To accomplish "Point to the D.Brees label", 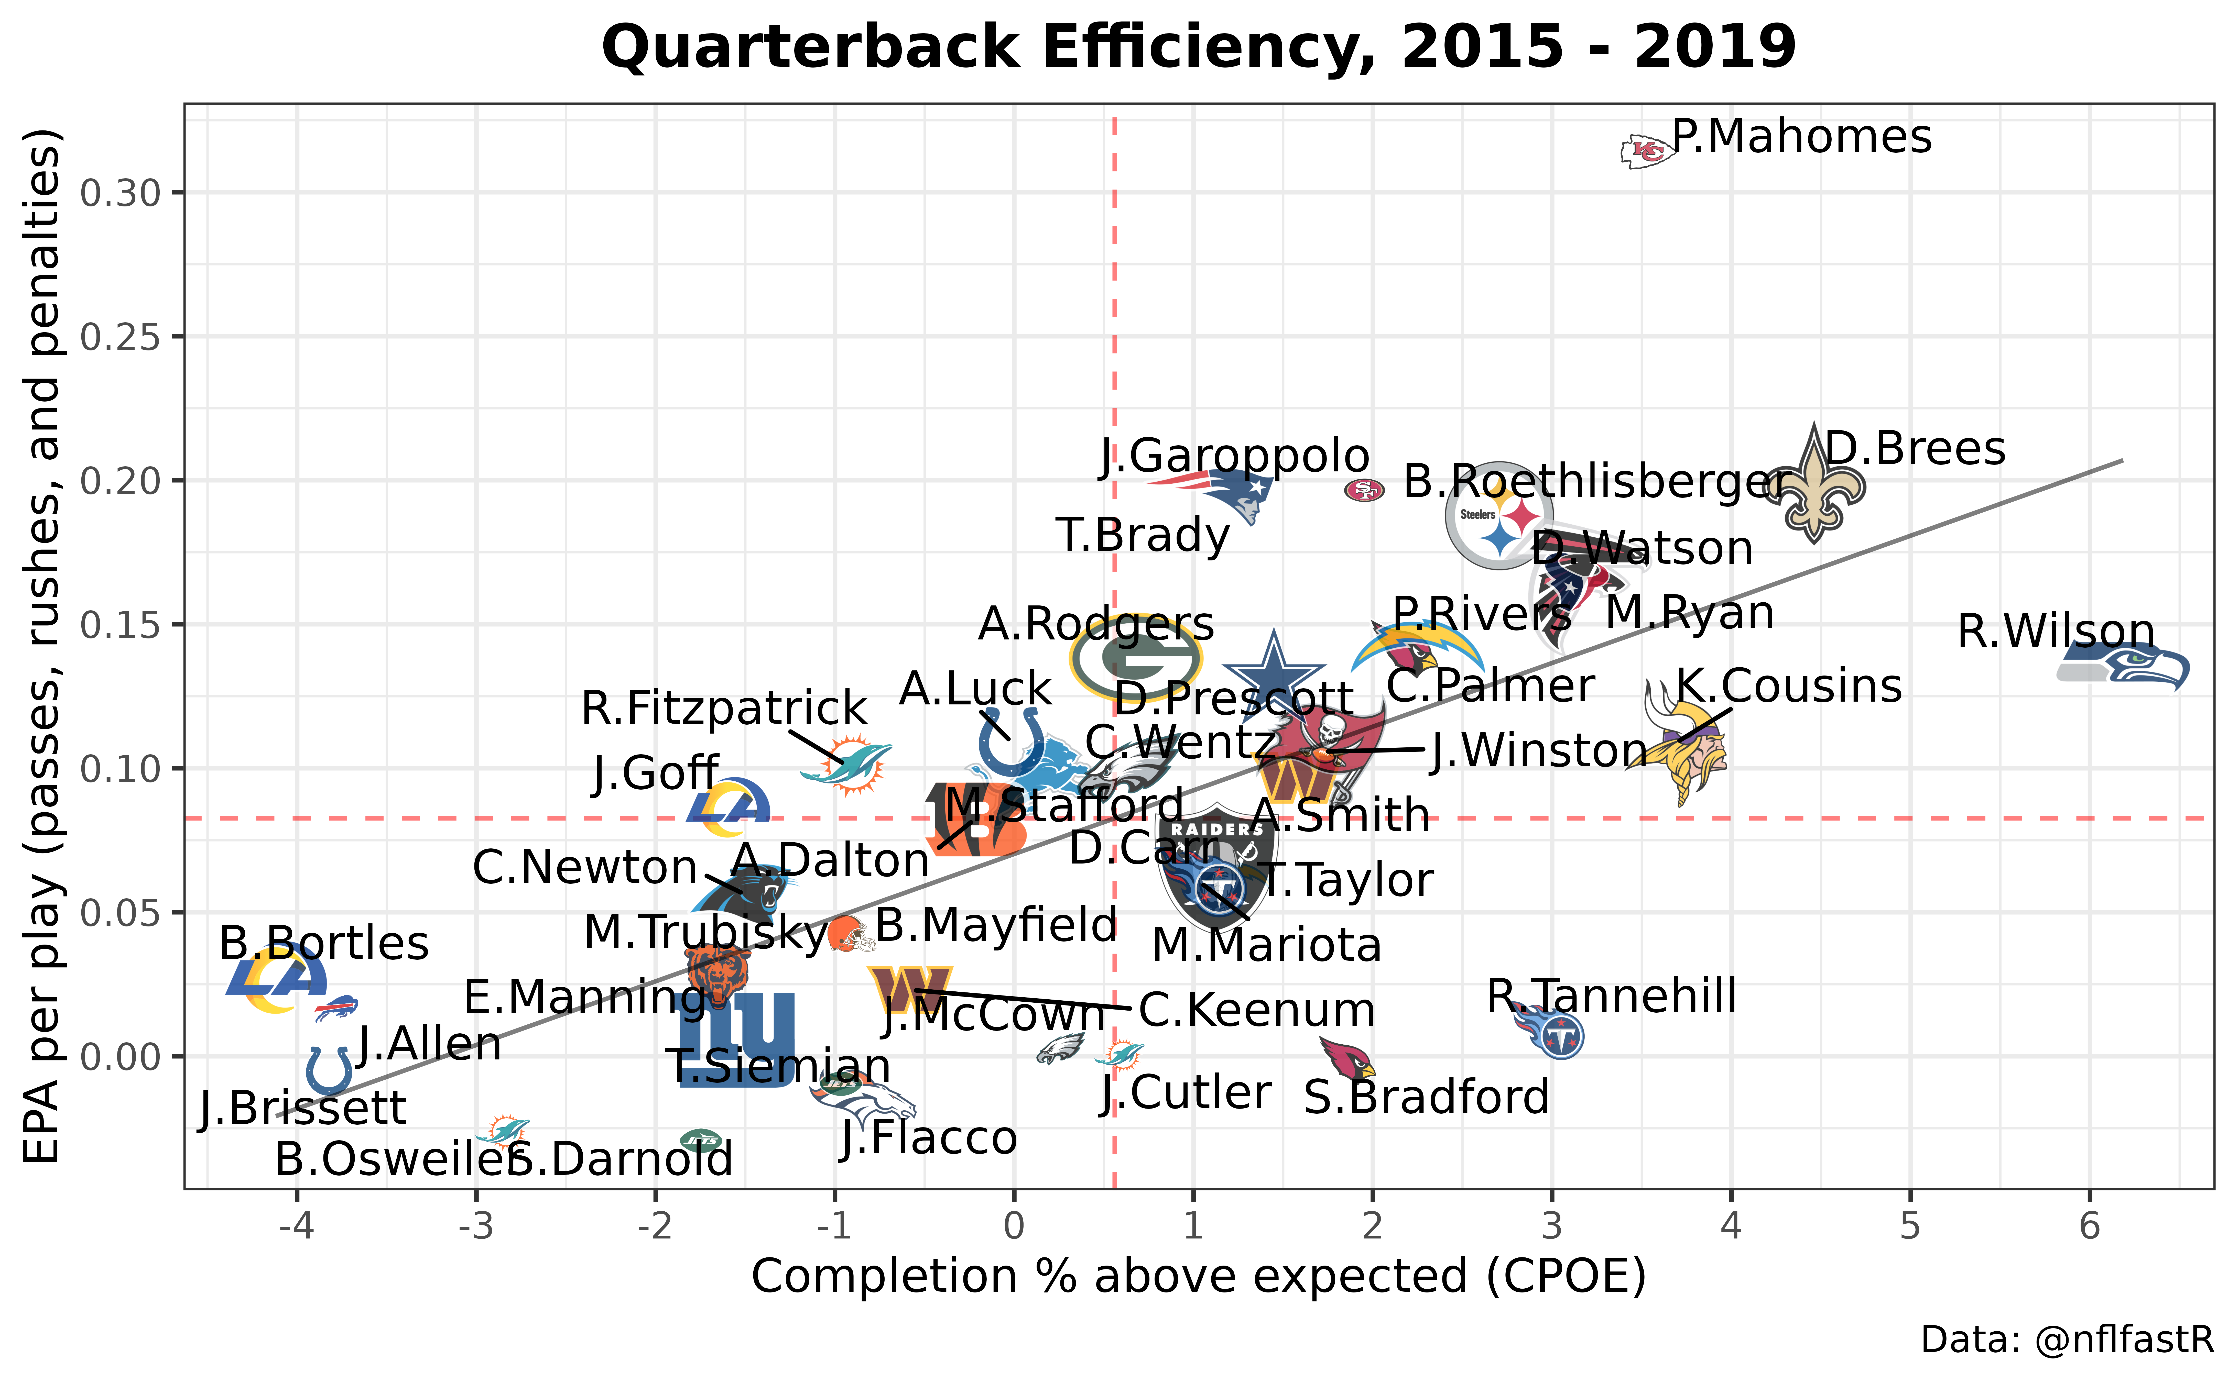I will tap(1914, 449).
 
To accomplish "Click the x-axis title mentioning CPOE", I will tap(1199, 1276).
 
